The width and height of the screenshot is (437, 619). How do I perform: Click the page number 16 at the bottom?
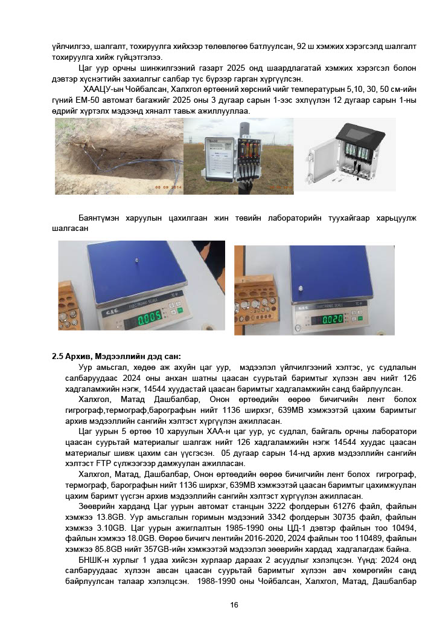[234, 605]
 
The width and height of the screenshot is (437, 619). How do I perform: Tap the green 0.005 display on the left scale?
[150, 320]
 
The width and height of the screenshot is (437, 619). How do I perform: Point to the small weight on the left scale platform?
[138, 261]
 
